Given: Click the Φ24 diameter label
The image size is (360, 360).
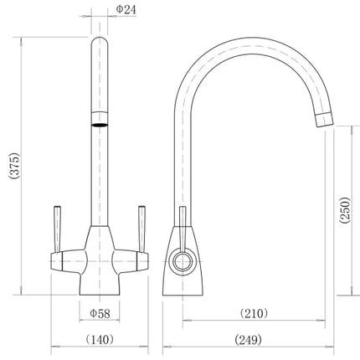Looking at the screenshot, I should [126, 11].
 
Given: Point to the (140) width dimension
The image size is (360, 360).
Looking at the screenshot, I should [100, 339].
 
